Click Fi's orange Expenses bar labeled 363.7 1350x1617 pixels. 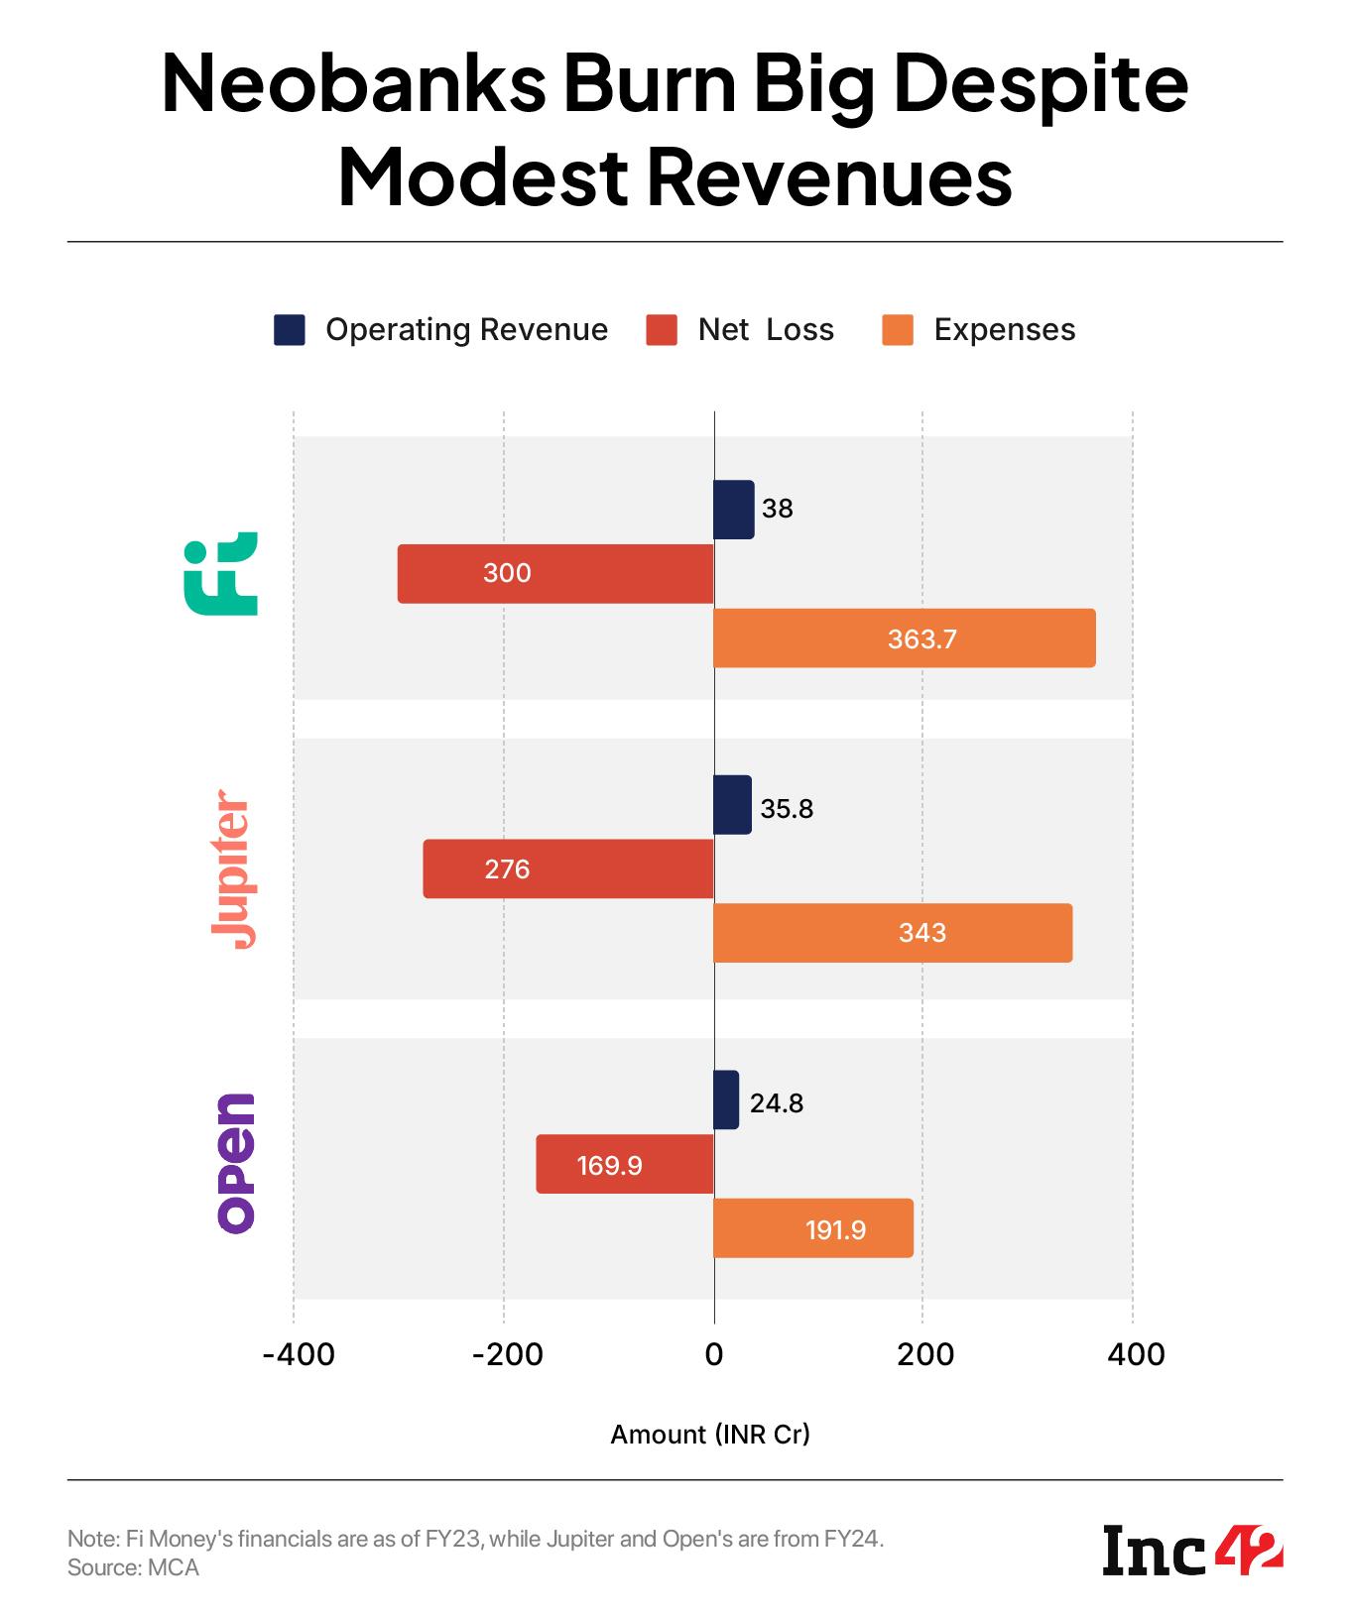904,637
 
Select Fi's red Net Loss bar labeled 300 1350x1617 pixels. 555,573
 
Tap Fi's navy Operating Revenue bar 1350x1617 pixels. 733,510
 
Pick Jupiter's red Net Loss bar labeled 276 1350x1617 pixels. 568,868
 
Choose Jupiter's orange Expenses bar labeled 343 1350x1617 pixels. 893,932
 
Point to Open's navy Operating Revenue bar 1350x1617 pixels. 726,1099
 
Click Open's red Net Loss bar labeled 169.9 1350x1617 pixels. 625,1164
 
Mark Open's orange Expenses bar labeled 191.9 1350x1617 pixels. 813,1228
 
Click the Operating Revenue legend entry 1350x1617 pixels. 441,329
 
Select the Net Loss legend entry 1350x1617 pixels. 740,329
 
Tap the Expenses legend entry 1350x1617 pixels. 979,329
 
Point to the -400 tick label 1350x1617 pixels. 298,1353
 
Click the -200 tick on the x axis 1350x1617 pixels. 507,1353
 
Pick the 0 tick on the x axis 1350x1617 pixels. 714,1353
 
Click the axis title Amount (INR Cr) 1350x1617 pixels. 710,1434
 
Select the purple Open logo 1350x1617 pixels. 236,1163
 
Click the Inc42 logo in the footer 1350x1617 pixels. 1193,1552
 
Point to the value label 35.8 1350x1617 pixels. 787,809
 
